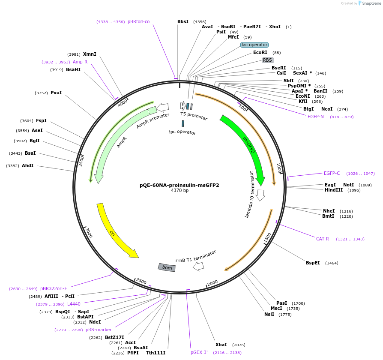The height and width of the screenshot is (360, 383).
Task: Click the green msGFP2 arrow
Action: tap(248, 146)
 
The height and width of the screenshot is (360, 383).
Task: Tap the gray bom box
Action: tap(167, 267)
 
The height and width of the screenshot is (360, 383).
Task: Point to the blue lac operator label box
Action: tap(254, 45)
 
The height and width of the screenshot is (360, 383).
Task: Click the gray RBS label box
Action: tap(268, 60)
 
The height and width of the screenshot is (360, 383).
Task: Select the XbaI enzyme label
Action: tap(221, 345)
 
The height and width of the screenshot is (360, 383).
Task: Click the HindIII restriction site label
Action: tap(334, 190)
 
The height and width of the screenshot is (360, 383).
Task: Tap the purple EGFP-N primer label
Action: tap(316, 117)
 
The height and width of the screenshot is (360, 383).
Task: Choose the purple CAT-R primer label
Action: tap(323, 239)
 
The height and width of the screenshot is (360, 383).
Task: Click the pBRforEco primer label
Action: tap(139, 21)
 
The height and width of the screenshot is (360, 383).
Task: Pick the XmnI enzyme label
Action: tap(90, 54)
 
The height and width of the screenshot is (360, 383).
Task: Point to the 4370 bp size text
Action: tap(180, 191)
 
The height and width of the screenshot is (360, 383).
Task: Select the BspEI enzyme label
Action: tap(313, 263)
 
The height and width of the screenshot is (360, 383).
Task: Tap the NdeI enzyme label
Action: tap(95, 322)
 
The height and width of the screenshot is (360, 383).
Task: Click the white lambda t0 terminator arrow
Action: tap(260, 195)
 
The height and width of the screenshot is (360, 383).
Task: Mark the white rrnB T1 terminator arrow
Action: tap(198, 266)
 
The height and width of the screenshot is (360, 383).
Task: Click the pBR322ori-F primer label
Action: tap(54, 288)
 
